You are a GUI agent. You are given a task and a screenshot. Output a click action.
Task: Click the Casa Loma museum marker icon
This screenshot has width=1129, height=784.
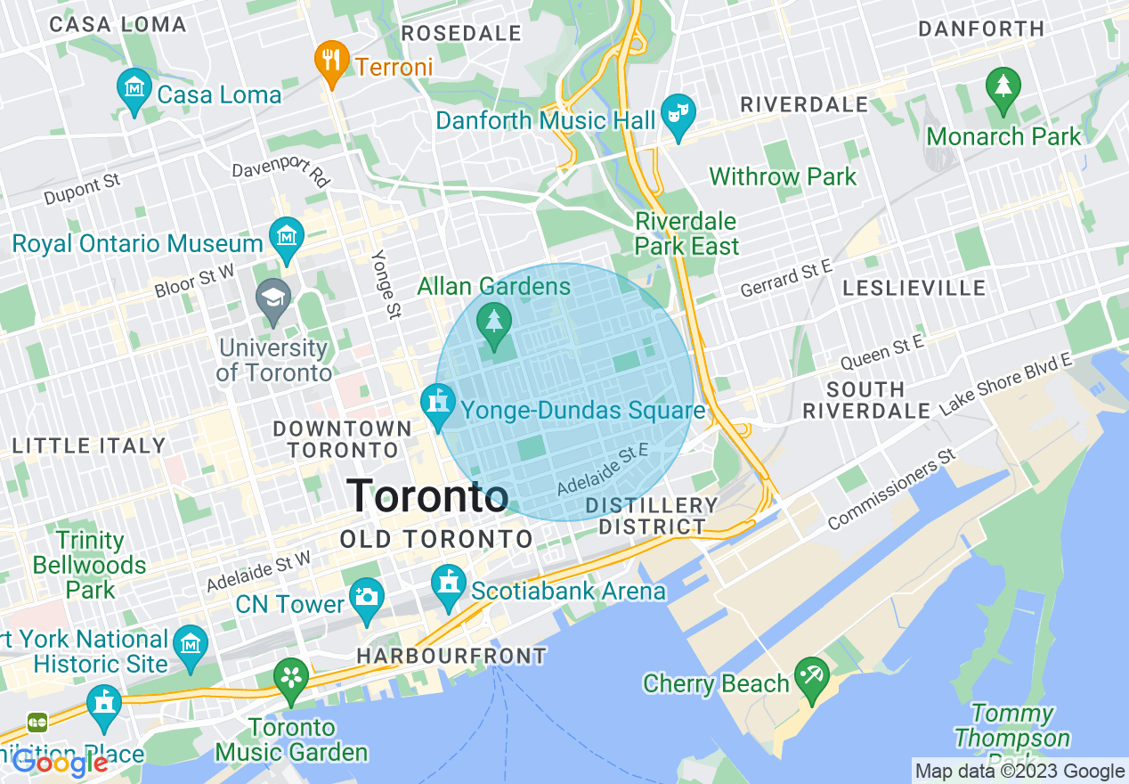click(134, 89)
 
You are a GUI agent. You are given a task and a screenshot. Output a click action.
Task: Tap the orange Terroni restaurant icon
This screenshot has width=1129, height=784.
click(331, 61)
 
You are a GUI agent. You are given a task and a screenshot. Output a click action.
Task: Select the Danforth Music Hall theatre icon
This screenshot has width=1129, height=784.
click(678, 114)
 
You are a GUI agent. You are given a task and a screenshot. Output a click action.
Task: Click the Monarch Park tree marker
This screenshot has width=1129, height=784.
click(1003, 87)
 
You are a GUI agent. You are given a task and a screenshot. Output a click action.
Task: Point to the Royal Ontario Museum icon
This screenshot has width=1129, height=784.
click(287, 238)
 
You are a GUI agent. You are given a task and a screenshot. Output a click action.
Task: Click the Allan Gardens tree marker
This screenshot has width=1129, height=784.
click(493, 322)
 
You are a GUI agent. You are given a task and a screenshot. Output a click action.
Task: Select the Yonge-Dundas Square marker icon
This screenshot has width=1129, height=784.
click(437, 404)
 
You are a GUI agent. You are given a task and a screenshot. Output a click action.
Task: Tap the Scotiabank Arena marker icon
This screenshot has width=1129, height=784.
click(448, 585)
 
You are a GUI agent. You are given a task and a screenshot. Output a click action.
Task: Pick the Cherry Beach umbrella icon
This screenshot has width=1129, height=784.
click(812, 677)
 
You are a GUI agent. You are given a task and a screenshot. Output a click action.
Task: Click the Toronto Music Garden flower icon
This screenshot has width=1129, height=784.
click(291, 679)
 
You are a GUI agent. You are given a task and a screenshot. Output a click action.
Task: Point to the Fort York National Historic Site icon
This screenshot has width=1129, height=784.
click(190, 644)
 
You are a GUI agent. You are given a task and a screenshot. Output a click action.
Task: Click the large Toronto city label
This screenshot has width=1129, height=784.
click(427, 495)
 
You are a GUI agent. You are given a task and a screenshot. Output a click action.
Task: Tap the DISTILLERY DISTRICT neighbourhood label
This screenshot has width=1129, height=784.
click(652, 516)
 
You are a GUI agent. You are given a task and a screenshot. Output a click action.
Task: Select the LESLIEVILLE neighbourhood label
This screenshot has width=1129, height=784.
click(914, 288)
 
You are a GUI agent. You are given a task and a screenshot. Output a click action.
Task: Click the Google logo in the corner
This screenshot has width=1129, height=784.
click(61, 764)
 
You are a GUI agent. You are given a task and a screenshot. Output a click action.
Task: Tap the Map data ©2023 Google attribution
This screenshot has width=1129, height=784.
click(1020, 772)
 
